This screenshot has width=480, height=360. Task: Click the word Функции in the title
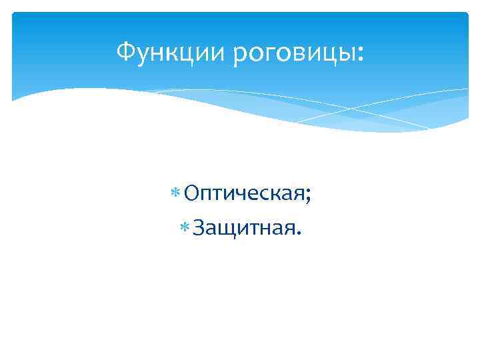point(171,51)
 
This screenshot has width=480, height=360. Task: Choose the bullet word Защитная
point(244,230)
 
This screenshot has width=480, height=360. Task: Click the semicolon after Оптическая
point(309,197)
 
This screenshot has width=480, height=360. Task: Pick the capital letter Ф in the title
point(124,51)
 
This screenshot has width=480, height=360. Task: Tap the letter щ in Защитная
point(226,232)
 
